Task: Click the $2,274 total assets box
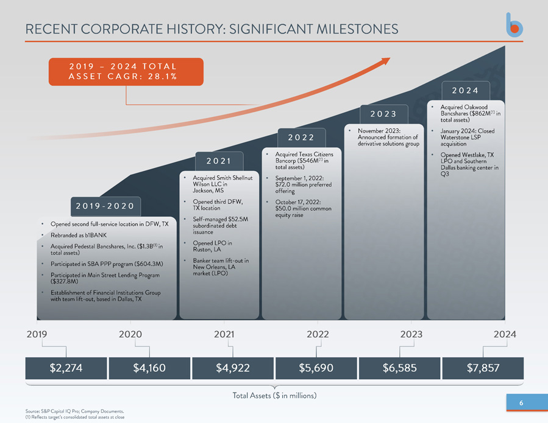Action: [66, 368]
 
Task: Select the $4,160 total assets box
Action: [149, 368]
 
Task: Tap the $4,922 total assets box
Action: [233, 368]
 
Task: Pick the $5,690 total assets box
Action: [316, 368]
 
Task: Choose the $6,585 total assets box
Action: [400, 368]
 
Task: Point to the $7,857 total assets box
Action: [483, 368]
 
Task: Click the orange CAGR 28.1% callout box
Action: [126, 72]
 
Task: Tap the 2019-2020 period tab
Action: [105, 206]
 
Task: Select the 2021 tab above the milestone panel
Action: [219, 161]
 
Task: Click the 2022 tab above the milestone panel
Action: [302, 138]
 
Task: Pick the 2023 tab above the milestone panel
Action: [384, 114]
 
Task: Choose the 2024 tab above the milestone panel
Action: [466, 91]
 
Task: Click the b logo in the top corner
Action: [514, 25]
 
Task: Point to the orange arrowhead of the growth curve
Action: [385, 61]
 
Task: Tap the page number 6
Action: [521, 403]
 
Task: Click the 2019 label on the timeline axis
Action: [37, 334]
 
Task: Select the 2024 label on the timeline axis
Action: [505, 334]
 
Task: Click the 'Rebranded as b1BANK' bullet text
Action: [79, 235]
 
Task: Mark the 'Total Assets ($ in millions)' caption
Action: [275, 396]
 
